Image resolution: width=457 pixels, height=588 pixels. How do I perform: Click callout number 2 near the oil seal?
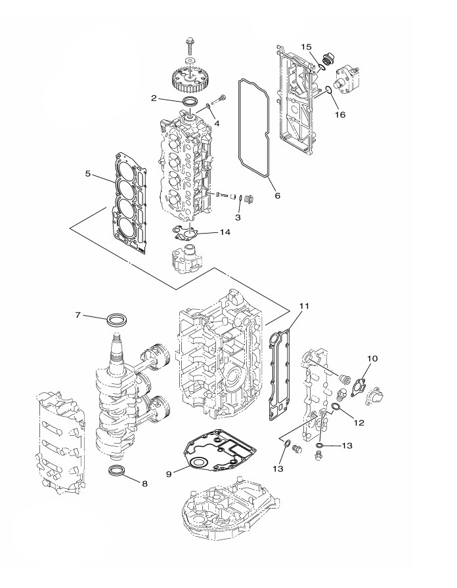154,98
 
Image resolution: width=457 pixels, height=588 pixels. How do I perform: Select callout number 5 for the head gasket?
88,174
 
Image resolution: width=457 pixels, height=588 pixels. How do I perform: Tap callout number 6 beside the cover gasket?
277,196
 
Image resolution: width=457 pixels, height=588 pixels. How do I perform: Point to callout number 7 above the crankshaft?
77,315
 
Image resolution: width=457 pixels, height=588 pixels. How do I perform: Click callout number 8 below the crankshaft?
144,484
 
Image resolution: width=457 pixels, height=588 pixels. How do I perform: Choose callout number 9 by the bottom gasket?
169,474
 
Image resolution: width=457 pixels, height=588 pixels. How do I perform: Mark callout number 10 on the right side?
372,358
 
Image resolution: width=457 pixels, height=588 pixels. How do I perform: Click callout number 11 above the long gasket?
304,306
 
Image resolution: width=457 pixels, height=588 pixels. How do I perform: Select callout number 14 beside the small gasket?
225,232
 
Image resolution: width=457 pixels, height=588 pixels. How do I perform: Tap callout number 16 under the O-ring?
340,114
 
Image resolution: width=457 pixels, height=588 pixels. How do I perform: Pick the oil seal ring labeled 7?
118,320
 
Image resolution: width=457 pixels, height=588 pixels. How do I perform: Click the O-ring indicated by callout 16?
328,90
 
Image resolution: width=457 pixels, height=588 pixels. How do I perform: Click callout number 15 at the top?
306,47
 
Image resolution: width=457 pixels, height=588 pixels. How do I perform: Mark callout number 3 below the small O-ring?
238,217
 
